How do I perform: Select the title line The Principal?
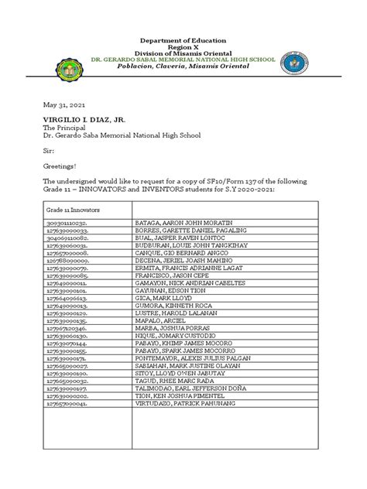coord(51,130)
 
